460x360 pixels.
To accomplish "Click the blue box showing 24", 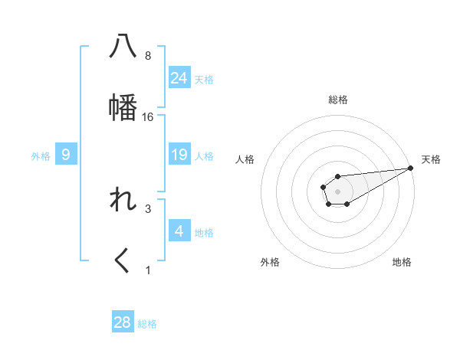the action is coord(179,78).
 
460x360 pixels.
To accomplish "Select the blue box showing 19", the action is coord(179,155).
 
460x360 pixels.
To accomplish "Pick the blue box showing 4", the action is coord(179,231).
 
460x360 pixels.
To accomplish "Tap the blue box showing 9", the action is coord(66,155).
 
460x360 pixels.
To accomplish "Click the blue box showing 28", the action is coord(123,322).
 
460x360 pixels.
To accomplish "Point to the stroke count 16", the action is coord(148,117).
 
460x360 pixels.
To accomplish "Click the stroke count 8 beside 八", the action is coord(148,56).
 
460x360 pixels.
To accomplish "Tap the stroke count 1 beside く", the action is coord(148,270).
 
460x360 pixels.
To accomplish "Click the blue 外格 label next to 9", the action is coord(41,156).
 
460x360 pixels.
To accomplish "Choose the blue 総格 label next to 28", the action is coord(147,324).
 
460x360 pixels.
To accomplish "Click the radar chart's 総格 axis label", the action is coord(338,100).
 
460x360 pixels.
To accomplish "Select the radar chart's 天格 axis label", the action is coord(431,159).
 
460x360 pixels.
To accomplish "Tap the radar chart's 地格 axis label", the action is coord(402,262).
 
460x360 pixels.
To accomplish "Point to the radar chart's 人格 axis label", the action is coord(246,159).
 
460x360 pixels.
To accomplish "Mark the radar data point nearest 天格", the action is coord(411,168).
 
